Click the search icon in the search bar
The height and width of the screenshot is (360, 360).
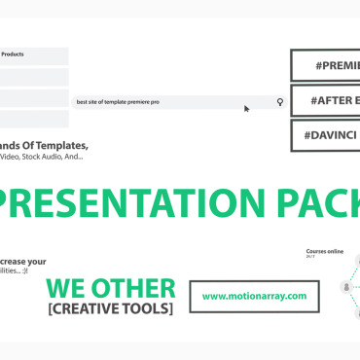coord(280,101)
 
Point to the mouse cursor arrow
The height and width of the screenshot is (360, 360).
coord(247,108)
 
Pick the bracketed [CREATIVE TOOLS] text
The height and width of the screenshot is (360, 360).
coord(109,308)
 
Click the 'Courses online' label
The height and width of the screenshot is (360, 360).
coord(324,251)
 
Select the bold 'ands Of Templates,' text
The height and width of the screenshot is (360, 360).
coord(43,145)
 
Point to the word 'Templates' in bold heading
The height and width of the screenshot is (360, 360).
coord(59,145)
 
